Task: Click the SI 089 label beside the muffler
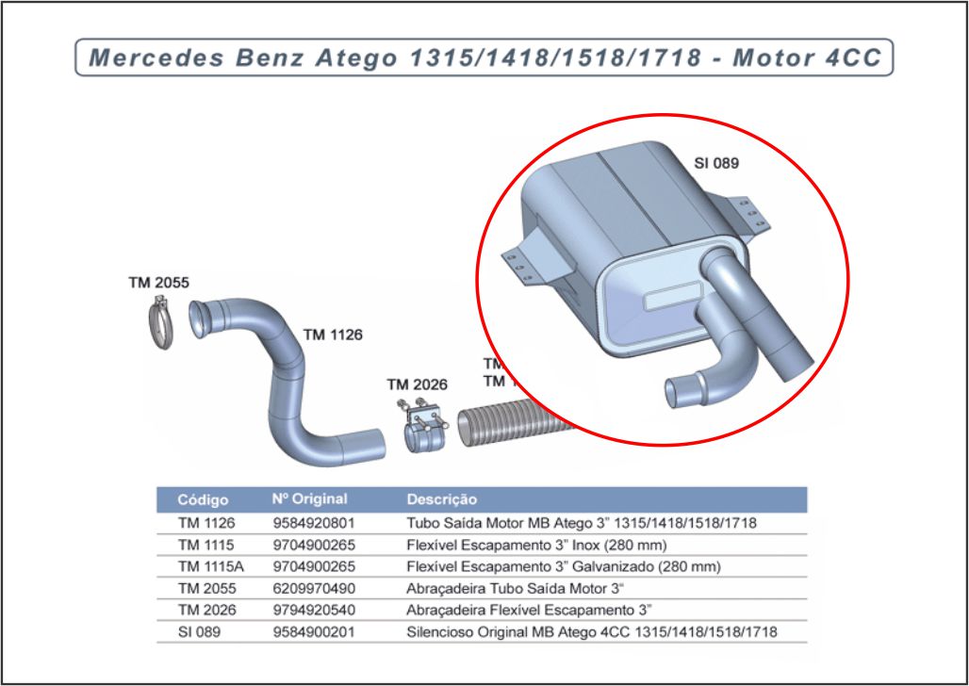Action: click(716, 163)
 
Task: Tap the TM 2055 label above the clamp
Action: click(158, 282)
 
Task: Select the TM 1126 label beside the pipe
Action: click(333, 335)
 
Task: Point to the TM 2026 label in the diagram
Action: click(417, 384)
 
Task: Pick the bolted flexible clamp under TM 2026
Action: click(424, 429)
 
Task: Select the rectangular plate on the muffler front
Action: click(670, 302)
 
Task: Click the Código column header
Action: click(204, 499)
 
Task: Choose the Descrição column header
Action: click(441, 499)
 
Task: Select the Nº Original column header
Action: click(309, 499)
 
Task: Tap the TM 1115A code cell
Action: click(210, 566)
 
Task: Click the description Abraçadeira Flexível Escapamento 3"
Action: click(529, 610)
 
